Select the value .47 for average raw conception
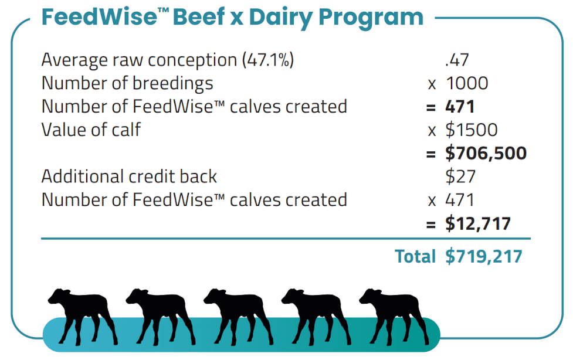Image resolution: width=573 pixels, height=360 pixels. click(x=457, y=60)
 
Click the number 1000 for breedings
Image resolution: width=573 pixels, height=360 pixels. click(x=467, y=83)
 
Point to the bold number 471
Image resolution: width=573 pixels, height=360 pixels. click(x=460, y=107)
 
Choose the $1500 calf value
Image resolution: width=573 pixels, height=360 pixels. click(x=472, y=130)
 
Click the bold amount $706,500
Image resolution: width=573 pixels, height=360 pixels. click(x=486, y=153)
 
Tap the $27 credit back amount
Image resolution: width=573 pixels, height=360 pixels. click(x=460, y=176)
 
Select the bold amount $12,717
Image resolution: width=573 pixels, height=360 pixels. click(x=478, y=223)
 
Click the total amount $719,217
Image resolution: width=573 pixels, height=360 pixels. click(x=484, y=256)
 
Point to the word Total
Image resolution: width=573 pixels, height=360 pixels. click(x=415, y=256)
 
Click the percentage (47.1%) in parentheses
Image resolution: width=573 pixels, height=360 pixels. click(x=268, y=60)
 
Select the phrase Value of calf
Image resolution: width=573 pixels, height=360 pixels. click(x=91, y=130)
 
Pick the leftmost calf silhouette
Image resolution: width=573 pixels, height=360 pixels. click(x=83, y=317)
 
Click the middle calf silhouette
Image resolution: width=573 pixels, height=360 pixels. click(x=238, y=317)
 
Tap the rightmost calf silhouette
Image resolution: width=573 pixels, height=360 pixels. click(x=394, y=317)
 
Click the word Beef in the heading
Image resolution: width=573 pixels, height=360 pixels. click(x=199, y=17)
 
